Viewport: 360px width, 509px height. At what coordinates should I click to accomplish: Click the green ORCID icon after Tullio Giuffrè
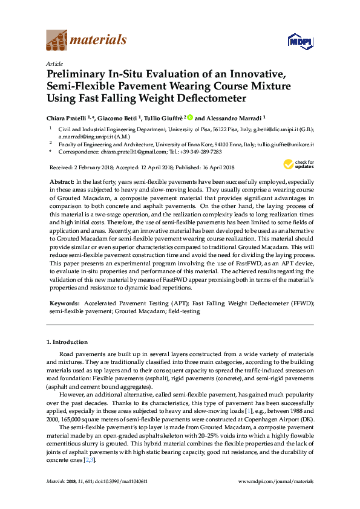(189, 118)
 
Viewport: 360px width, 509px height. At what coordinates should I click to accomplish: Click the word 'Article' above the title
(54, 63)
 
